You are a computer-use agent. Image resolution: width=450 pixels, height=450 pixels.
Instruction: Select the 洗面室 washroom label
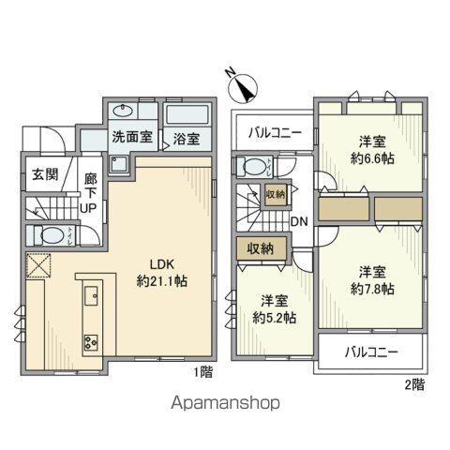(x=131, y=137)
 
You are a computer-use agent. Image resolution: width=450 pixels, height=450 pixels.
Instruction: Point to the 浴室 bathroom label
(x=186, y=140)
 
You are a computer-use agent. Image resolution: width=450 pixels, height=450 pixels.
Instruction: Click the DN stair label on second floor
(x=299, y=221)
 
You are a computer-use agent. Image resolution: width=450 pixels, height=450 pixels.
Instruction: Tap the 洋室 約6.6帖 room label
(x=373, y=150)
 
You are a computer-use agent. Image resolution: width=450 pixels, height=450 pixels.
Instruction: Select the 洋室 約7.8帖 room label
(x=373, y=279)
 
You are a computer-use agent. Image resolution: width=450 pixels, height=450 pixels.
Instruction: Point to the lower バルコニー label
(x=370, y=353)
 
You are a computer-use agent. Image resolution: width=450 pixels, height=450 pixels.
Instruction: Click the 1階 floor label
(x=203, y=373)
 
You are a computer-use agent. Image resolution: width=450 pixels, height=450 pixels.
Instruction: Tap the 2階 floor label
(x=413, y=383)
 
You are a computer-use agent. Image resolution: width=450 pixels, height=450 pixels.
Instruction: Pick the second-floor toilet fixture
(x=253, y=167)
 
